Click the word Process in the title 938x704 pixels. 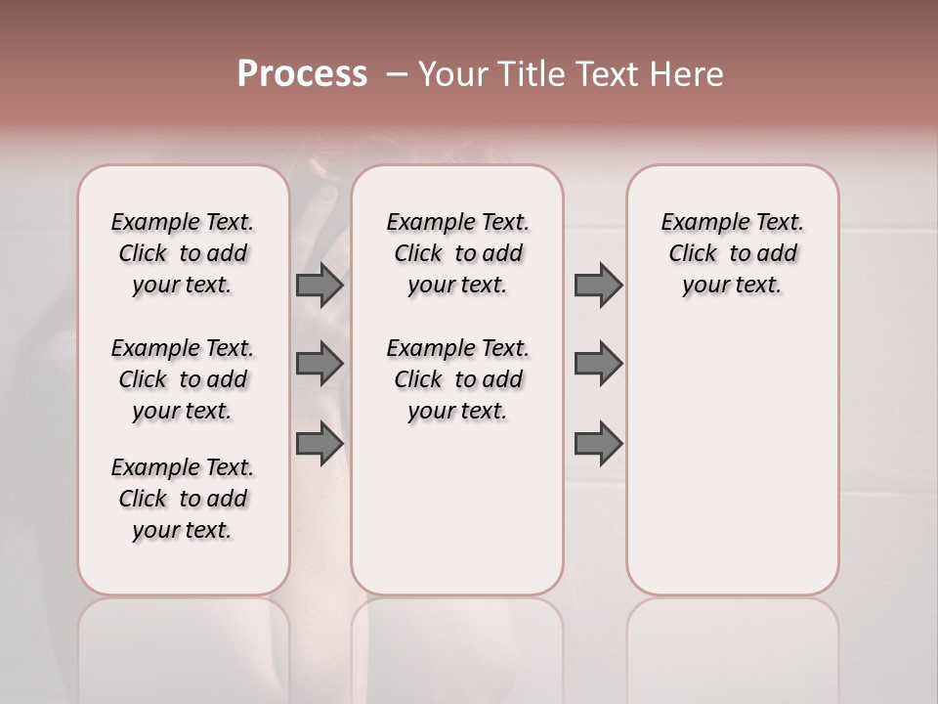(302, 74)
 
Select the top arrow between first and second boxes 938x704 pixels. (319, 285)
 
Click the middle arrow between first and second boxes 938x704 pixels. (319, 364)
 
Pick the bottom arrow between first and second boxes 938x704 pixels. (319, 443)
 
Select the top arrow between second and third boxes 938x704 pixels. (598, 285)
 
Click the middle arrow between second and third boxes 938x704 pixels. (598, 364)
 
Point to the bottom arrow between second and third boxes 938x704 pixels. (598, 443)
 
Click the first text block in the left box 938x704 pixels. (183, 253)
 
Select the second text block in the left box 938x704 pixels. (183, 379)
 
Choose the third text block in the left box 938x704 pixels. (183, 499)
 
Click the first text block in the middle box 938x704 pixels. (457, 253)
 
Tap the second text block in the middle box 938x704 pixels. (457, 379)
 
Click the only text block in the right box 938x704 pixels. (732, 253)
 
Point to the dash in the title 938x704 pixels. (397, 75)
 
